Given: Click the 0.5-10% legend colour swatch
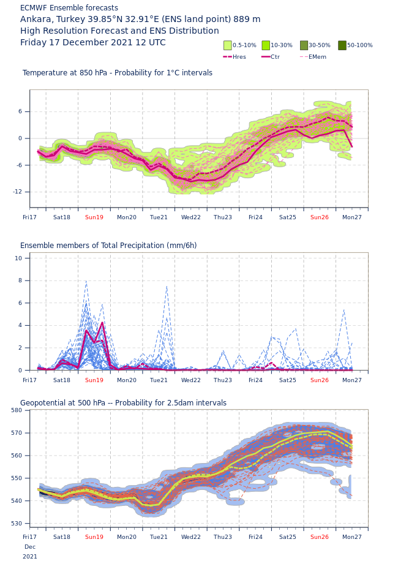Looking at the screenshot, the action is click(x=228, y=45).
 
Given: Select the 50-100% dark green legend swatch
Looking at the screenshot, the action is click(x=342, y=45).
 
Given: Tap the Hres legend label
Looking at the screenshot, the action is click(x=239, y=56).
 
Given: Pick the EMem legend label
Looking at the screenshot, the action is click(x=318, y=56).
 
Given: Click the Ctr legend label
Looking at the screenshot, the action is click(x=276, y=56).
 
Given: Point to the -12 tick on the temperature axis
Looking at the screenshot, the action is click(x=18, y=192).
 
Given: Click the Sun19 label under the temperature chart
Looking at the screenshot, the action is click(x=94, y=217).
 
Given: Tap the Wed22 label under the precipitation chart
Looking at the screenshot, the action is click(x=191, y=380).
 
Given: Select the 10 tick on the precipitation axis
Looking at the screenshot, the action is click(x=18, y=258).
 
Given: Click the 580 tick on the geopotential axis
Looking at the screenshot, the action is click(x=17, y=410).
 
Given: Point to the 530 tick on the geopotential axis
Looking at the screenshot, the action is click(x=17, y=524).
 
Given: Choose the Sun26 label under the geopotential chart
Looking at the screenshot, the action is click(x=320, y=537).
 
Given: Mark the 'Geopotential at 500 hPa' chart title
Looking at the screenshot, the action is click(x=63, y=403).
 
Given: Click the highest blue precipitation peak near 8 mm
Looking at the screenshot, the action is click(x=86, y=281).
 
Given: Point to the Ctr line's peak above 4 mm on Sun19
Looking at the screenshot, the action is click(x=103, y=323).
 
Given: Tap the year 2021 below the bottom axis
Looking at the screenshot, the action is click(x=29, y=556).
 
